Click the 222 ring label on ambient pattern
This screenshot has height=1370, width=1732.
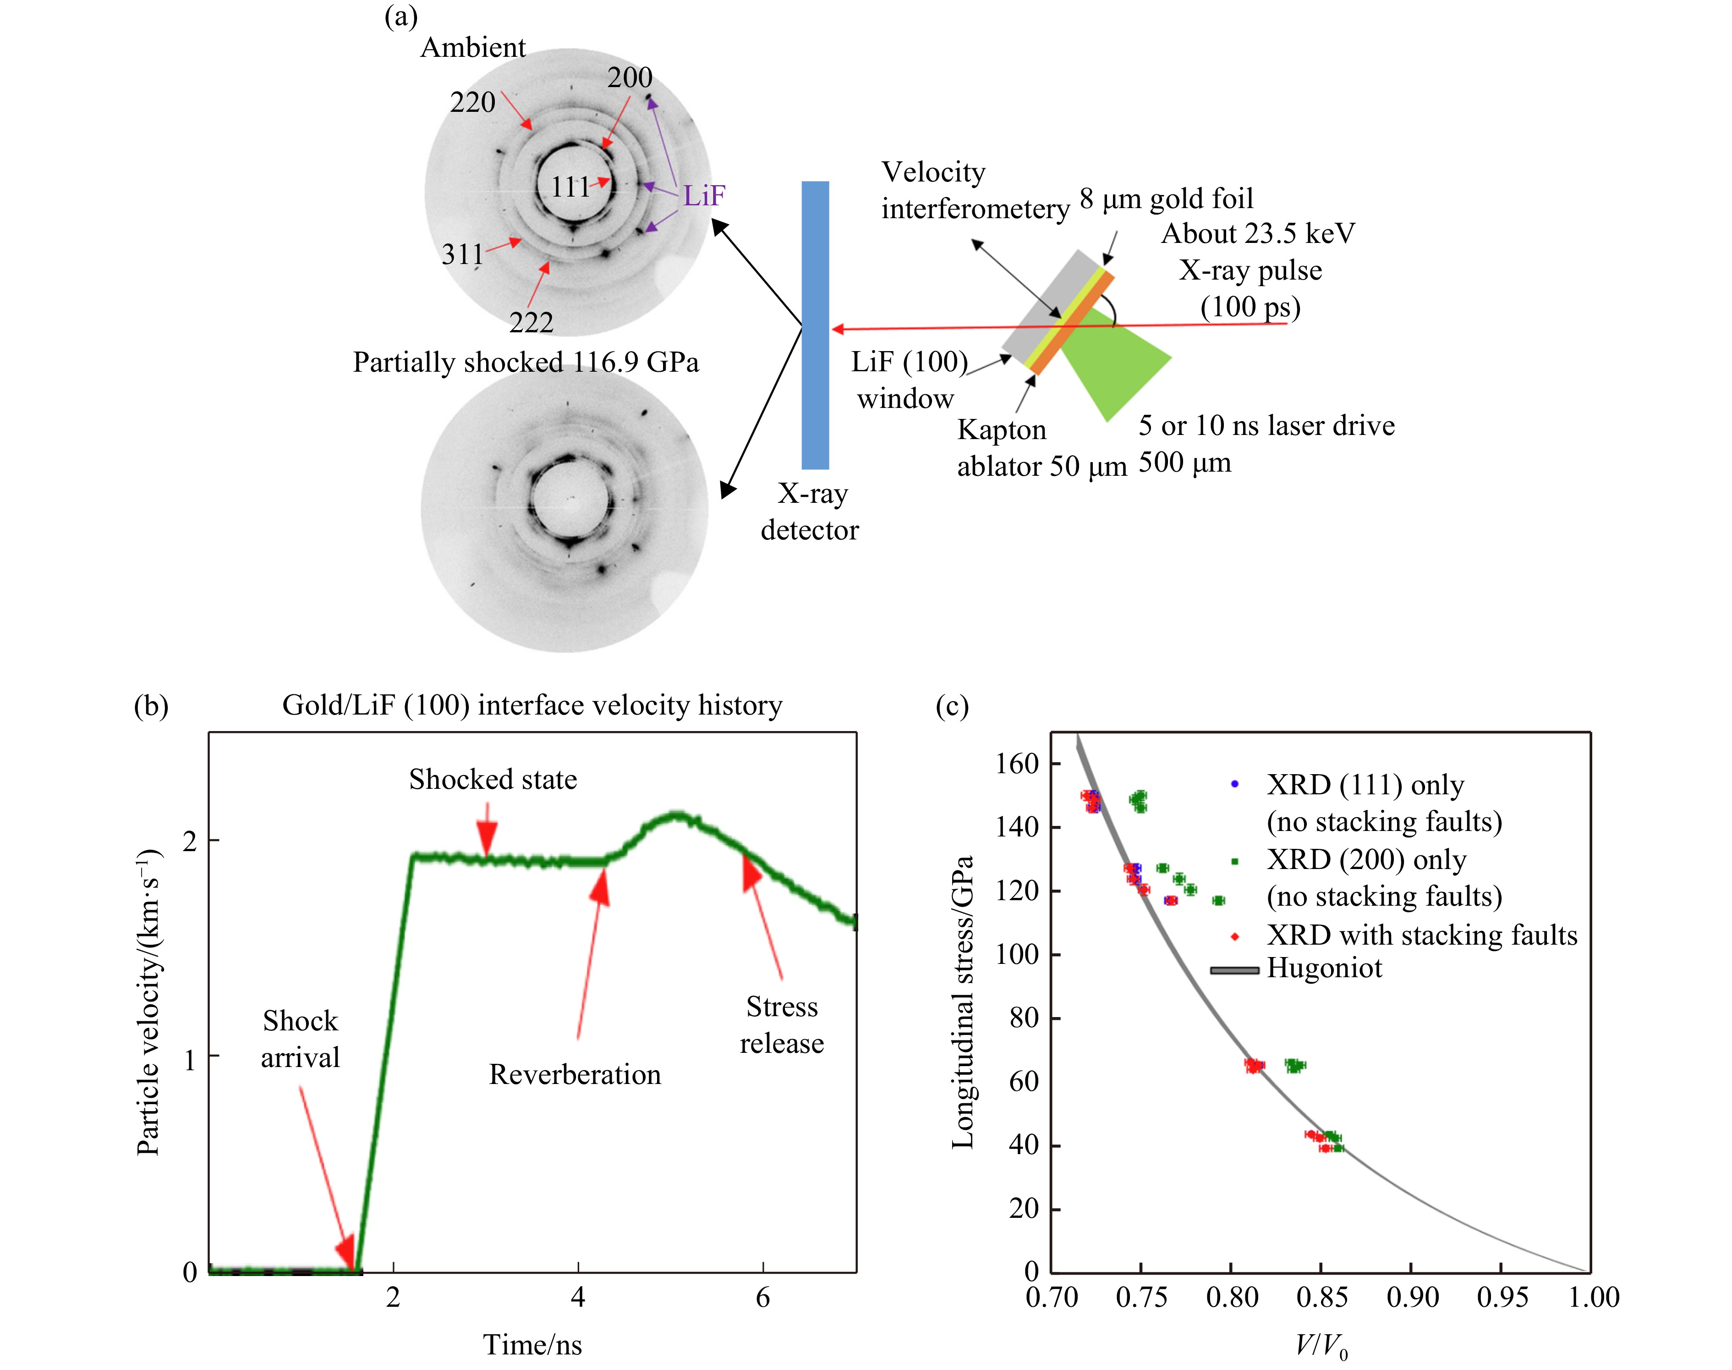tap(531, 323)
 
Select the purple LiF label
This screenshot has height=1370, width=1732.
tap(703, 195)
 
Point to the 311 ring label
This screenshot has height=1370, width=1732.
tap(463, 254)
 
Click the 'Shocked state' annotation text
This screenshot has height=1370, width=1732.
tap(492, 779)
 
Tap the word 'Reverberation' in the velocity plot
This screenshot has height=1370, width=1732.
tap(575, 1074)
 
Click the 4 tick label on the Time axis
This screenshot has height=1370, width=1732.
tap(577, 1298)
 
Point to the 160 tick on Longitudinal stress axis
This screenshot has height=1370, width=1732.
tap(1017, 764)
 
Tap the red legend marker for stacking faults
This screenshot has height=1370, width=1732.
tap(1235, 936)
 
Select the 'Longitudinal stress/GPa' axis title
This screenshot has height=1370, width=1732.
tap(962, 1003)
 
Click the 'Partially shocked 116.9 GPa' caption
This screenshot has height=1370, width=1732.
tap(525, 362)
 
